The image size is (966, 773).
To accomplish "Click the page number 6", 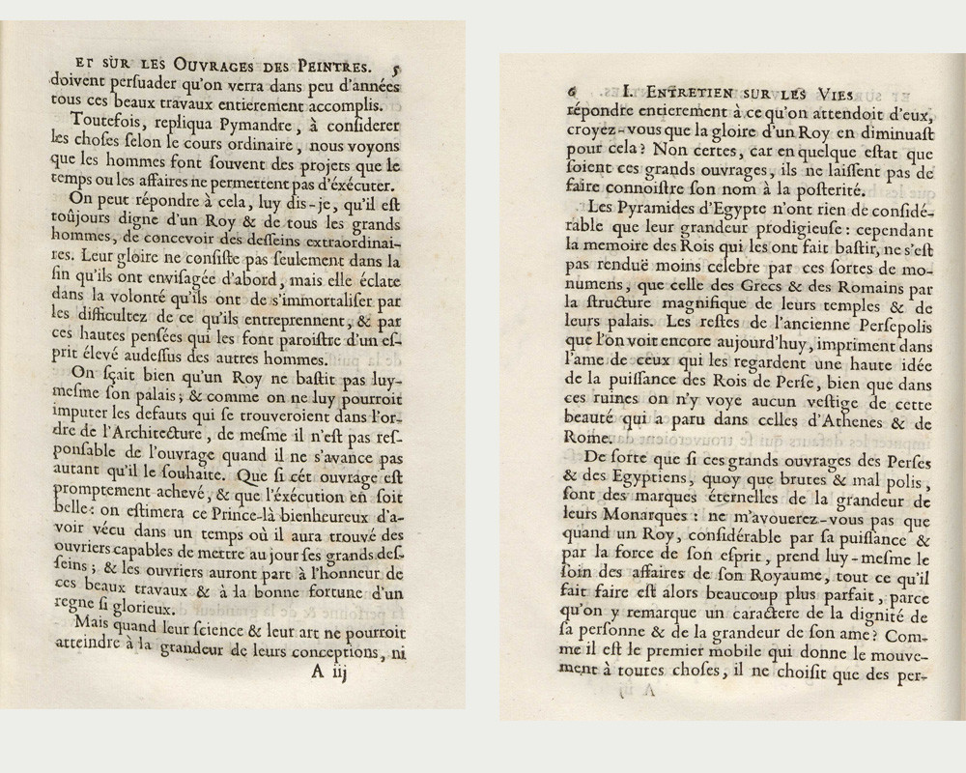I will pos(574,93).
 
